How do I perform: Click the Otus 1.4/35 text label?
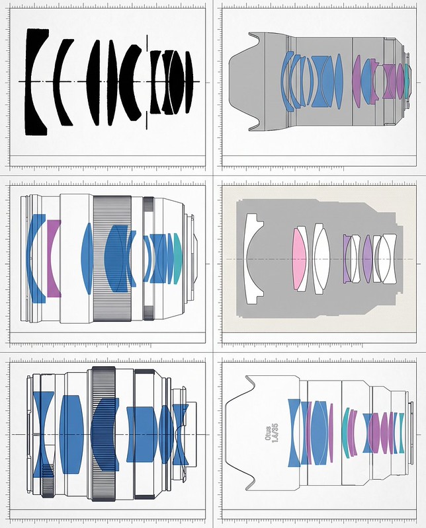pyautogui.click(x=271, y=434)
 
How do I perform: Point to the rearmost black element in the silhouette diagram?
pyautogui.click(x=189, y=82)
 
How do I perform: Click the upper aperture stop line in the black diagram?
pyautogui.click(x=147, y=42)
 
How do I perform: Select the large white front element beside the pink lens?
pyautogui.click(x=253, y=258)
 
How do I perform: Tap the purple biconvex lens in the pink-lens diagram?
pyautogui.click(x=368, y=258)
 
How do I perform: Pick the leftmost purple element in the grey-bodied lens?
pyautogui.click(x=357, y=82)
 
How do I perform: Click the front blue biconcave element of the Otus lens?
pyautogui.click(x=294, y=433)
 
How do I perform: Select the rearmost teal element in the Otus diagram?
pyautogui.click(x=402, y=433)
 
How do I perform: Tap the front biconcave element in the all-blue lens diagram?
pyautogui.click(x=44, y=434)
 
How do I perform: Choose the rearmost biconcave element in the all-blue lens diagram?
pyautogui.click(x=181, y=434)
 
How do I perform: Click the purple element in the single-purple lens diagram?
pyautogui.click(x=55, y=258)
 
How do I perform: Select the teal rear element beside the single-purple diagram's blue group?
pyautogui.click(x=178, y=258)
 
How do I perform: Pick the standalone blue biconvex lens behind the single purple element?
pyautogui.click(x=87, y=258)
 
